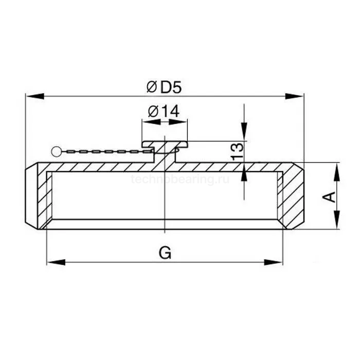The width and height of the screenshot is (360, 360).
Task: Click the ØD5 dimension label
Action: pyautogui.click(x=164, y=87)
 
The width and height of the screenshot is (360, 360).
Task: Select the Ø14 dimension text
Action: pyautogui.click(x=164, y=111)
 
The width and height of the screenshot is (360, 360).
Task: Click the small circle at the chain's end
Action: pyautogui.click(x=56, y=151)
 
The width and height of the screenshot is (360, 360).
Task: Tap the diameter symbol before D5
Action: pyautogui.click(x=151, y=87)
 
